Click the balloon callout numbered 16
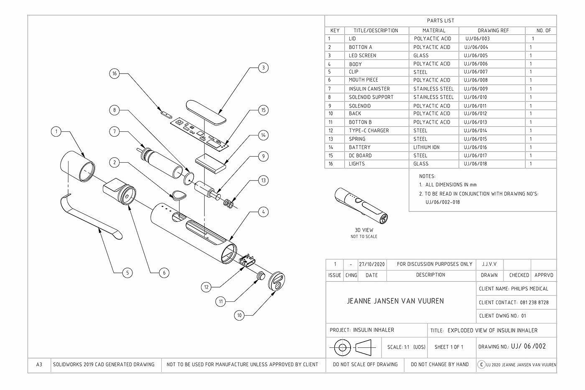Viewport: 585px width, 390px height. pos(114,74)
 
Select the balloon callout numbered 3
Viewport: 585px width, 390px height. pos(263,68)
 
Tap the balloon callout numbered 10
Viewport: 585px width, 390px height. pos(239,315)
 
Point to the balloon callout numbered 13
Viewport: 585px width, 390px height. pos(263,181)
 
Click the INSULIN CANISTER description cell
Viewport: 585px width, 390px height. pos(369,89)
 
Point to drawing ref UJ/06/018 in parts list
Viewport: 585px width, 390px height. pos(475,164)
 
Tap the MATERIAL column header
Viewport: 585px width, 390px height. pos(434,31)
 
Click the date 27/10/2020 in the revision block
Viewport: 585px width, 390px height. pos(371,264)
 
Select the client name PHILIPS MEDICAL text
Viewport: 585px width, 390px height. pos(514,288)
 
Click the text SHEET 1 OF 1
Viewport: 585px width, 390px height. pos(449,347)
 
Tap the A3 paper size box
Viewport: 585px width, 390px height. pos(39,365)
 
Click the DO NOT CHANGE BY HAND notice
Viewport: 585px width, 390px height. pos(440,365)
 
